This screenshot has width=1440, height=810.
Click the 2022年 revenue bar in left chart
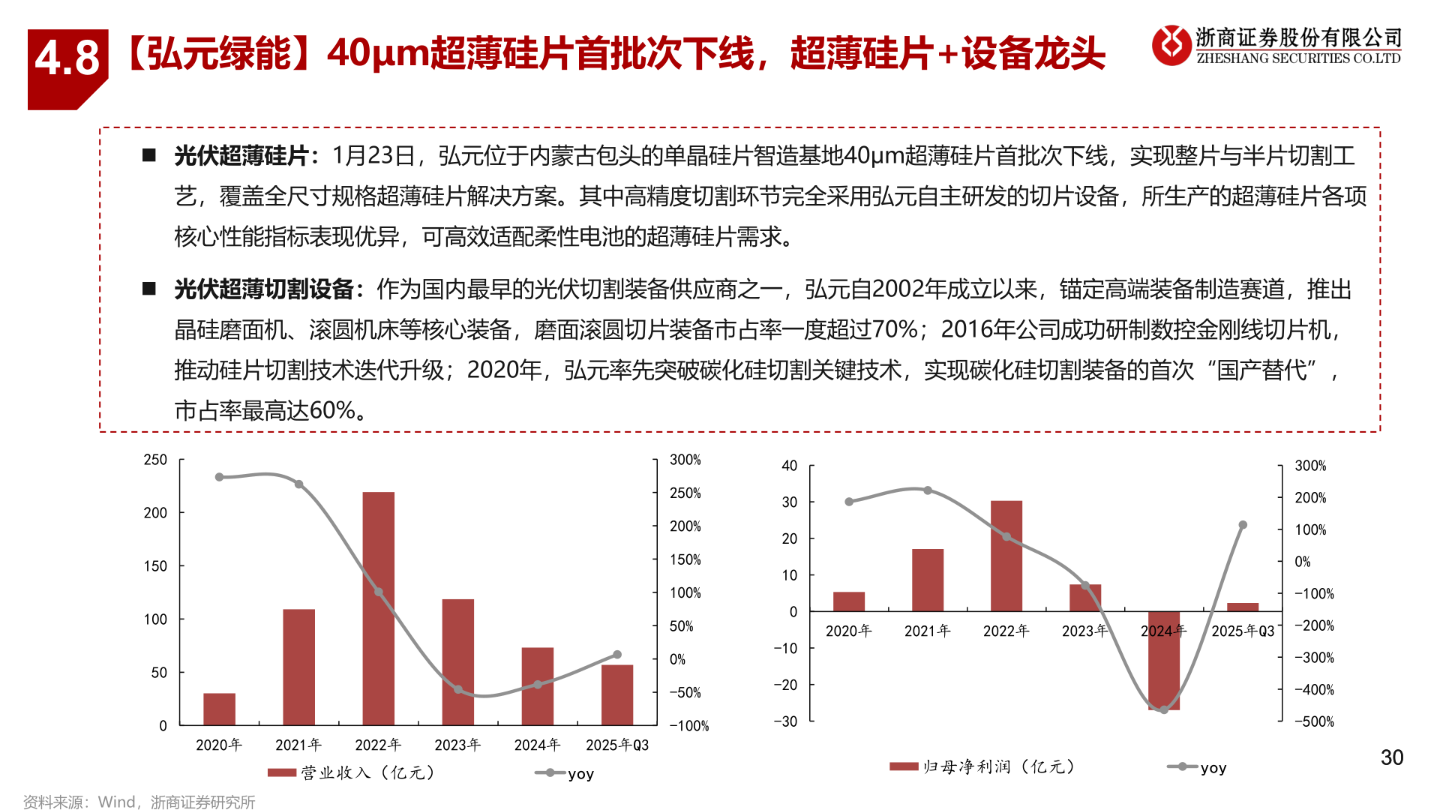pyautogui.click(x=378, y=608)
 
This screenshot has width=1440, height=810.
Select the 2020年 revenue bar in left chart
pyautogui.click(x=219, y=709)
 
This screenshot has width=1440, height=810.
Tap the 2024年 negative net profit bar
pyautogui.click(x=1163, y=660)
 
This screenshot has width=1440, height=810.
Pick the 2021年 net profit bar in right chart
pyautogui.click(x=927, y=580)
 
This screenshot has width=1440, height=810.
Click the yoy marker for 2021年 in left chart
pyautogui.click(x=298, y=484)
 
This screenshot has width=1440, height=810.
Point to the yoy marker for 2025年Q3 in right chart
pyautogui.click(x=1243, y=525)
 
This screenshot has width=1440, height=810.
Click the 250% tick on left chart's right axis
pyautogui.click(x=685, y=493)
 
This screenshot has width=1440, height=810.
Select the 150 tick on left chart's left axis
pyautogui.click(x=155, y=566)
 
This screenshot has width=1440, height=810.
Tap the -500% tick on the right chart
pyautogui.click(x=1314, y=721)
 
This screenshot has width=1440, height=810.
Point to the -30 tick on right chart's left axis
pyautogui.click(x=785, y=721)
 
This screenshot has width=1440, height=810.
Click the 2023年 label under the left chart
pyautogui.click(x=457, y=745)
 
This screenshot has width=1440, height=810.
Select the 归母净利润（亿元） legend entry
pyautogui.click(x=982, y=766)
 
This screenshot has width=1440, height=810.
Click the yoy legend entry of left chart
pyautogui.click(x=565, y=773)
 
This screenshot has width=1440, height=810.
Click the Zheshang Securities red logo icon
pyautogui.click(x=1171, y=45)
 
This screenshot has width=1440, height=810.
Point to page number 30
pyautogui.click(x=1391, y=757)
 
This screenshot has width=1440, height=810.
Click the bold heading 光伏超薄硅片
pyautogui.click(x=241, y=156)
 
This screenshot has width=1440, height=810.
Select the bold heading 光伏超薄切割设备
pyautogui.click(x=263, y=289)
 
